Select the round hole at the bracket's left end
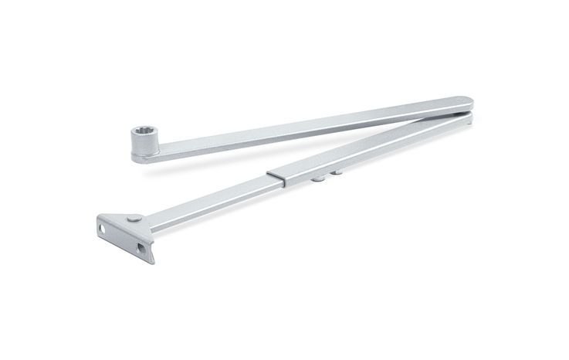[x=101, y=228]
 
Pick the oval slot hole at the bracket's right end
[x=141, y=248]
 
